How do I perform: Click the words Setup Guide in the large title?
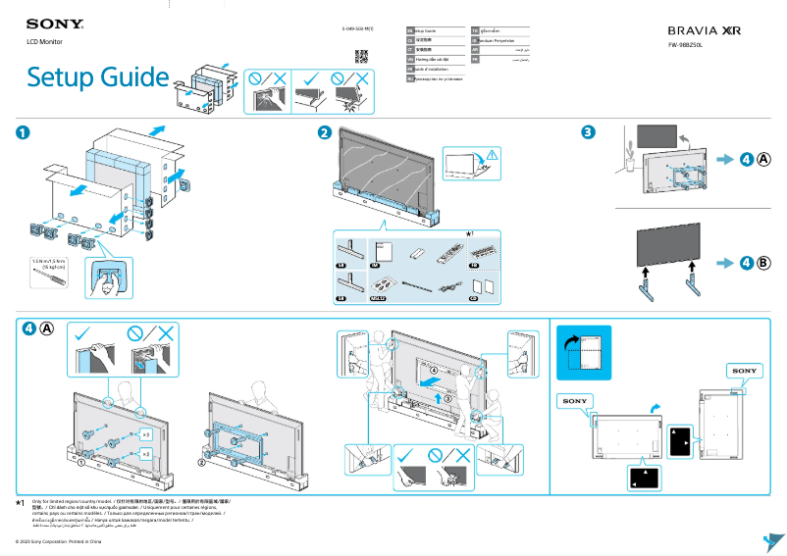tap(97, 76)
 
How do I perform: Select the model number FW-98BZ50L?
tap(690, 45)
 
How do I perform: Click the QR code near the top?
tap(361, 55)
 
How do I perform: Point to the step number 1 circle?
tap(22, 133)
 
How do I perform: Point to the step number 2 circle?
tap(324, 133)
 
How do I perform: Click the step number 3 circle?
tap(587, 133)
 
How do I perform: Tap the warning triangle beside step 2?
tap(492, 154)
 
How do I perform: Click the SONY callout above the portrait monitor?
tap(744, 371)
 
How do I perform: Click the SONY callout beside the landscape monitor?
tap(575, 401)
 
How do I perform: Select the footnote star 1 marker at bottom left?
tap(20, 502)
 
